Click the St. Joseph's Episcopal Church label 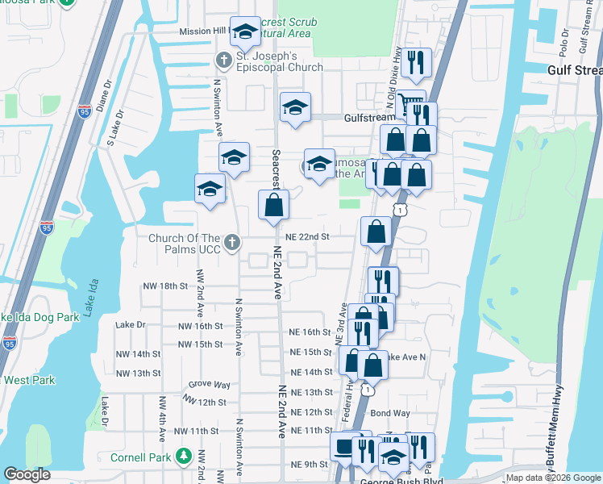279,61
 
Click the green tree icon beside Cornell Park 184,456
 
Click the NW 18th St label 164,286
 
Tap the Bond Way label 390,413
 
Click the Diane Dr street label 102,97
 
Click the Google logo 27,474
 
